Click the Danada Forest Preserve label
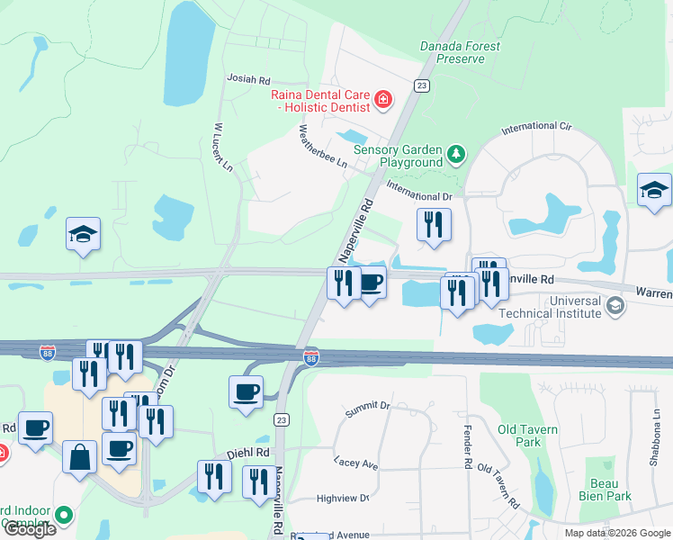coord(460,52)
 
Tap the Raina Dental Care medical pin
coord(383,98)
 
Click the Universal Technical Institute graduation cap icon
coord(615,306)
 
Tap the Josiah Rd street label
coord(248,80)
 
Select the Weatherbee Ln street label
coord(322,146)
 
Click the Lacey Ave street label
coord(355,463)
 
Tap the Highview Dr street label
coord(344,498)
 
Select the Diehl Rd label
coord(249,453)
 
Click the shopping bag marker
coord(79,458)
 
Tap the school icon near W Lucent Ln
coord(83,235)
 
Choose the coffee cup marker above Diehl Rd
coord(247,392)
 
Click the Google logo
coord(31,529)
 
